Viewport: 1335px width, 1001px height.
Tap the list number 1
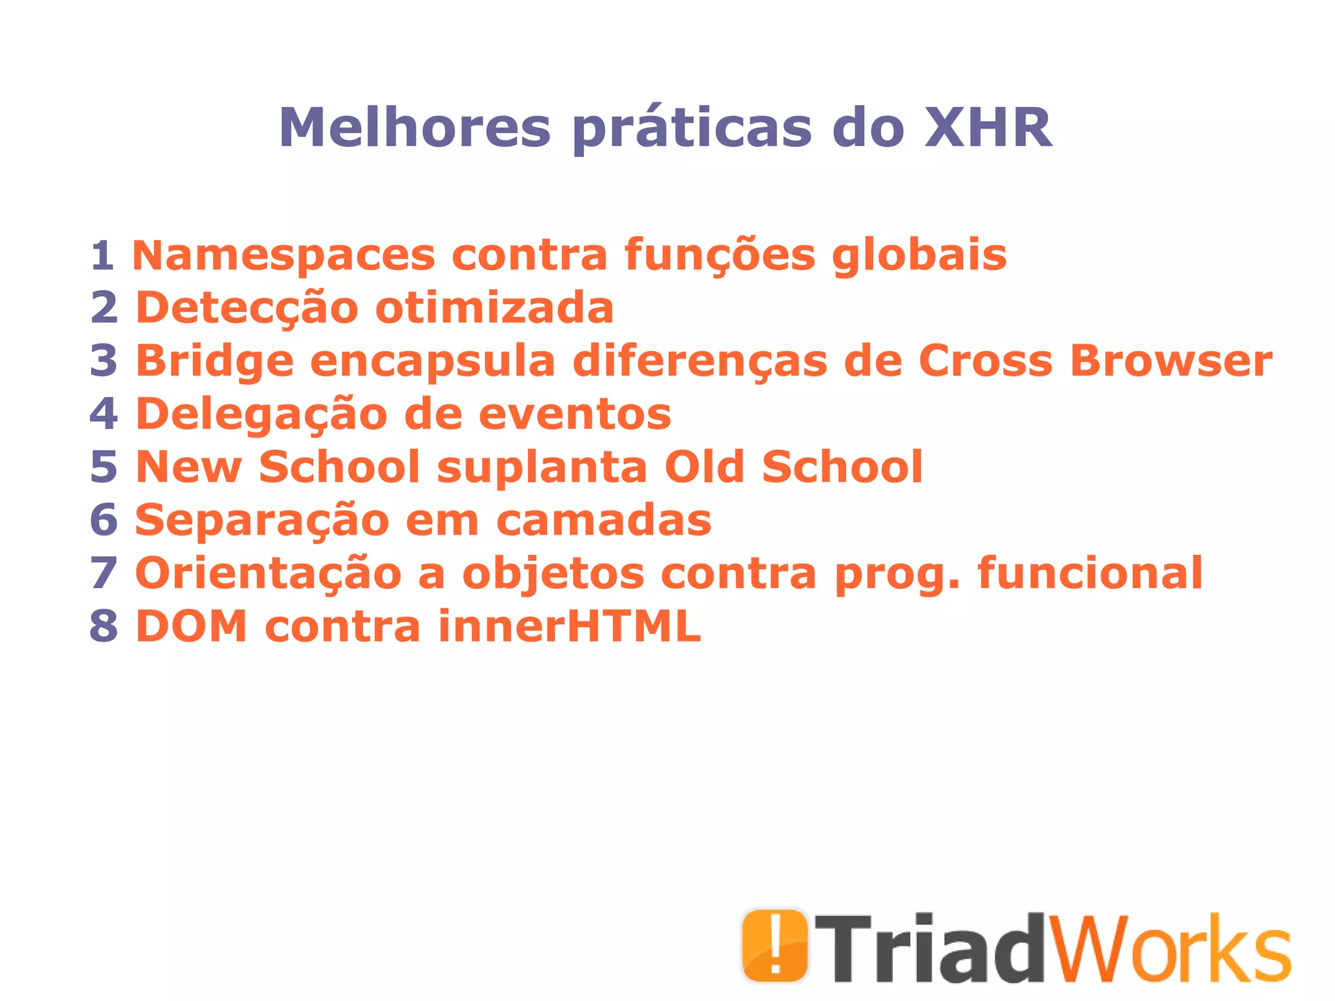point(102,255)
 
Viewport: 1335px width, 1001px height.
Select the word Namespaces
point(284,255)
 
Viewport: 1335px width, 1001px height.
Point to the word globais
point(919,255)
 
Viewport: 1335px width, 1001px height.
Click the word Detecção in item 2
point(247,308)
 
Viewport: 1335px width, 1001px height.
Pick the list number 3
point(104,361)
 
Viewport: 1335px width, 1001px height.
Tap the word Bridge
point(214,362)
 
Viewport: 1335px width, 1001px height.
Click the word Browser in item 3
point(1171,361)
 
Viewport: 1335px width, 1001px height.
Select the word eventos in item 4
point(575,414)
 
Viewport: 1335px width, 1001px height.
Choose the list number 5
point(104,467)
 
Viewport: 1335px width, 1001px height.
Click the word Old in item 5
point(705,467)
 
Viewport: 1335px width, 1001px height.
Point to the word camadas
point(604,520)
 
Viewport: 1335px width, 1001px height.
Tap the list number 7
point(104,573)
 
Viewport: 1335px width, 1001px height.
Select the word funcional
point(1090,573)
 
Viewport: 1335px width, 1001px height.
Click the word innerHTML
point(570,626)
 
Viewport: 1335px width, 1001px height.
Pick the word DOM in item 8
point(192,626)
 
